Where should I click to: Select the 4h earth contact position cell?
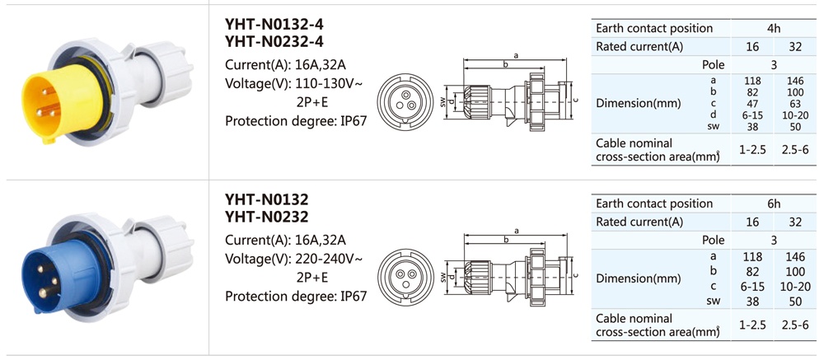(x=773, y=28)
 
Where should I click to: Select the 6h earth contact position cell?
(x=773, y=203)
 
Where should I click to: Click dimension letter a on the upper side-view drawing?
(x=516, y=55)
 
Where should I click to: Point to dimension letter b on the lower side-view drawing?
(x=505, y=241)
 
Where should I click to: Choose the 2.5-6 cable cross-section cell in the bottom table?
(x=795, y=325)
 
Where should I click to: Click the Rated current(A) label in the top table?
(x=639, y=47)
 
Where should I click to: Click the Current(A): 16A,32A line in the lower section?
(x=285, y=241)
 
